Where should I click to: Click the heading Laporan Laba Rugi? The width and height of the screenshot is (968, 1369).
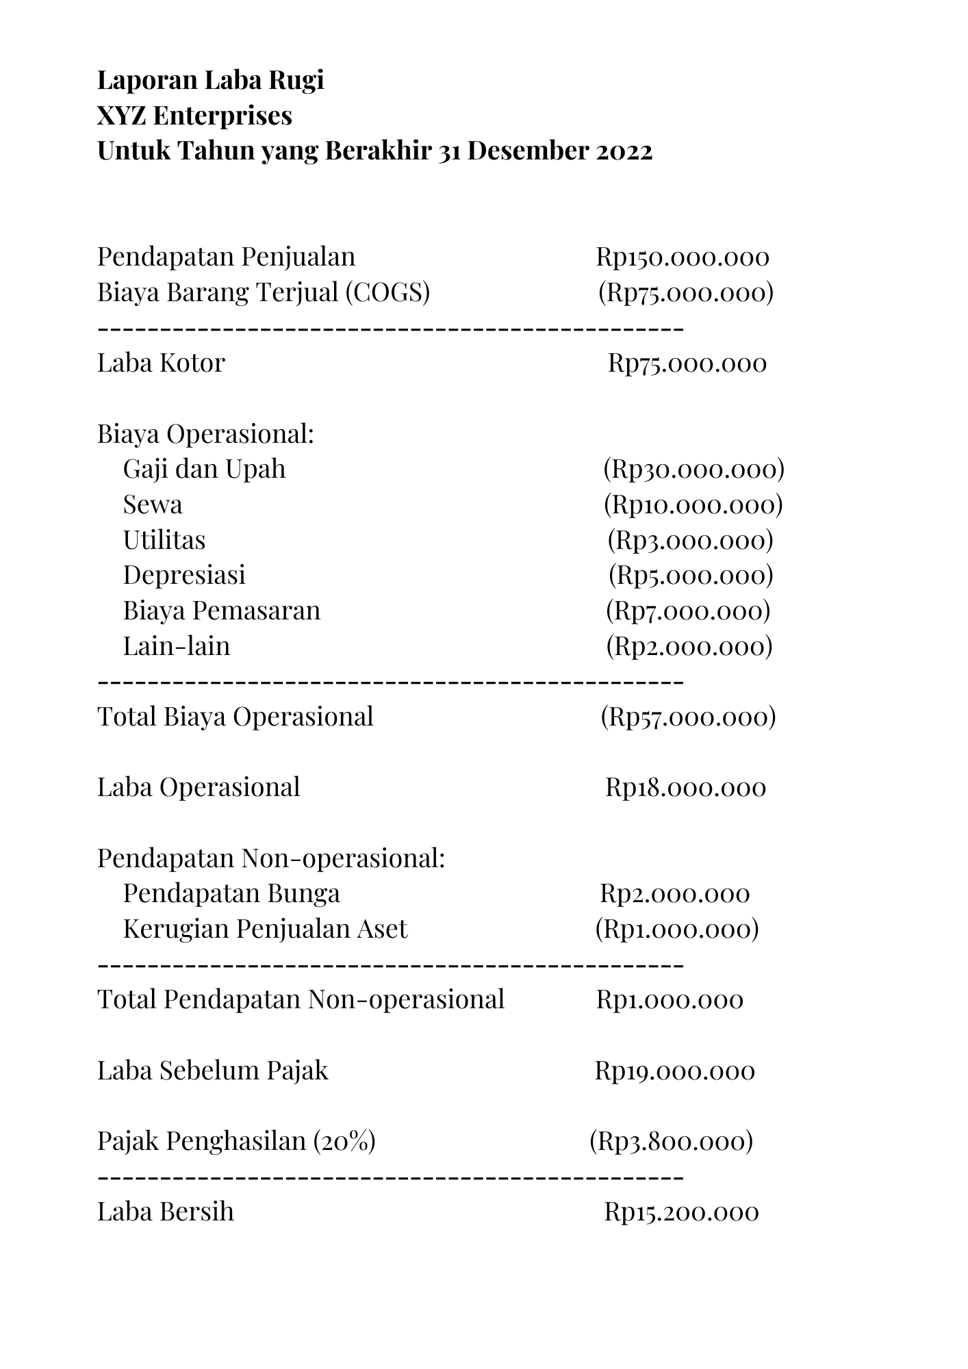[210, 81]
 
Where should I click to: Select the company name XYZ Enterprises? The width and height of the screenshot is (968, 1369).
[194, 116]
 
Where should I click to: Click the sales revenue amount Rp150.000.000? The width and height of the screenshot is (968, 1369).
[682, 257]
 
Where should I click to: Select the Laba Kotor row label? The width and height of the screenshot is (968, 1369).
[161, 363]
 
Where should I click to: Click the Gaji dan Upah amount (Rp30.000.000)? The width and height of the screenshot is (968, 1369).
[693, 469]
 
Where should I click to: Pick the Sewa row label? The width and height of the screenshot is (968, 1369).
[153, 504]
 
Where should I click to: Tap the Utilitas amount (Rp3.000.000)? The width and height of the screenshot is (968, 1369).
[690, 540]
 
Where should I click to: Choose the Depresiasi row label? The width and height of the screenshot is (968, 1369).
[184, 575]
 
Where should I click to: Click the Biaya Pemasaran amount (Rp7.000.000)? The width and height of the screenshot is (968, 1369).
[688, 611]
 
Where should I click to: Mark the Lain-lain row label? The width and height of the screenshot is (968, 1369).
[177, 646]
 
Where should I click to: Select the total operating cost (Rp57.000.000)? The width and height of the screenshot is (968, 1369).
[688, 717]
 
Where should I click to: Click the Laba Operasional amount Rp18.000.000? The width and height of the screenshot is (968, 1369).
[685, 787]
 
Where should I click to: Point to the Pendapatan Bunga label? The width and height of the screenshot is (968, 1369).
[231, 893]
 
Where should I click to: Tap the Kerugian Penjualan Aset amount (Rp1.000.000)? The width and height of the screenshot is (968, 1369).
[677, 929]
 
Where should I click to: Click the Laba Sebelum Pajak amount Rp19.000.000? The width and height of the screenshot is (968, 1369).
[674, 1071]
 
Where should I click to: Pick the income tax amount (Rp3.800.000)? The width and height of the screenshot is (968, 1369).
[671, 1141]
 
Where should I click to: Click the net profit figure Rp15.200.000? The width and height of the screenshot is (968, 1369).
[681, 1212]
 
